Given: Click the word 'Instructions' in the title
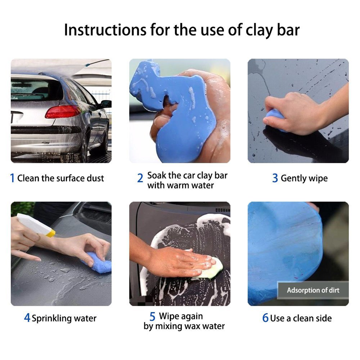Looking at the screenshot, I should point(105,30).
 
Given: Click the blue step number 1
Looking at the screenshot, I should point(12,178).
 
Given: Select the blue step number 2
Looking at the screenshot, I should point(140,178).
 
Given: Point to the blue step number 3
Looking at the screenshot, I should point(275,178).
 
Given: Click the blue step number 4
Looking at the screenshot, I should point(27,318).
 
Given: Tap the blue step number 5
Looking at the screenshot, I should point(153,317).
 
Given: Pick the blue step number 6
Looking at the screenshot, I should point(265,318).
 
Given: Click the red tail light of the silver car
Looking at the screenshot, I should point(63,111).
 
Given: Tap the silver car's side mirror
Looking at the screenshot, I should point(106,103).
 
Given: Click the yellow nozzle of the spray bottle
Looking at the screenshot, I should point(51,234).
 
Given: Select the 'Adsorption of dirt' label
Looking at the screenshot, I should point(313,290).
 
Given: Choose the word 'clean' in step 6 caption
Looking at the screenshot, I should point(304,318).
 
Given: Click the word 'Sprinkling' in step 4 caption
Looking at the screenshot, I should point(52,318).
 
